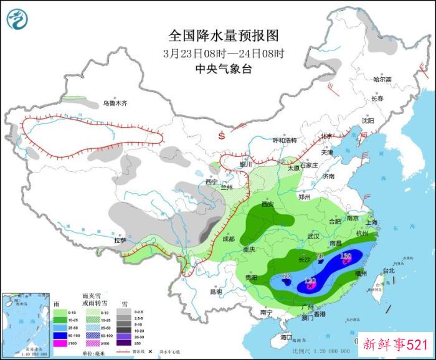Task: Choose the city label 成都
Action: click(x=228, y=239)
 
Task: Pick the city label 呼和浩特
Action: click(x=287, y=140)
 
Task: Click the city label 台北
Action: click(x=389, y=271)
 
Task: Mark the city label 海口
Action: click(x=286, y=337)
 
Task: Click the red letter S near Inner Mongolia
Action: click(x=220, y=135)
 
